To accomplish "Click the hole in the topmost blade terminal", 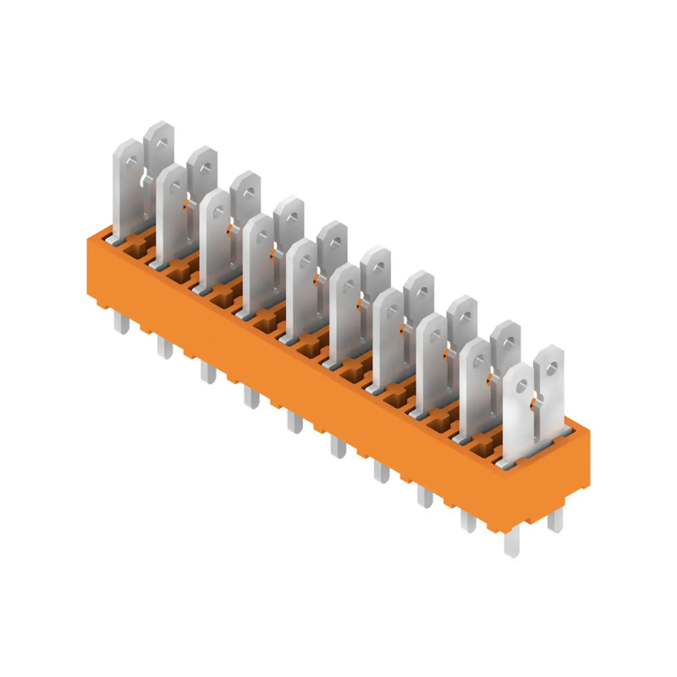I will [x=162, y=142].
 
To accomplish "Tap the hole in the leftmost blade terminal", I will [x=131, y=162].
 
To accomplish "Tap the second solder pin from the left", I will [x=165, y=348].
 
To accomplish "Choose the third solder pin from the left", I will [x=208, y=373].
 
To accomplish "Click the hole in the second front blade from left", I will [x=174, y=187].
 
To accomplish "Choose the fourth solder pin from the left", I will [x=252, y=398].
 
